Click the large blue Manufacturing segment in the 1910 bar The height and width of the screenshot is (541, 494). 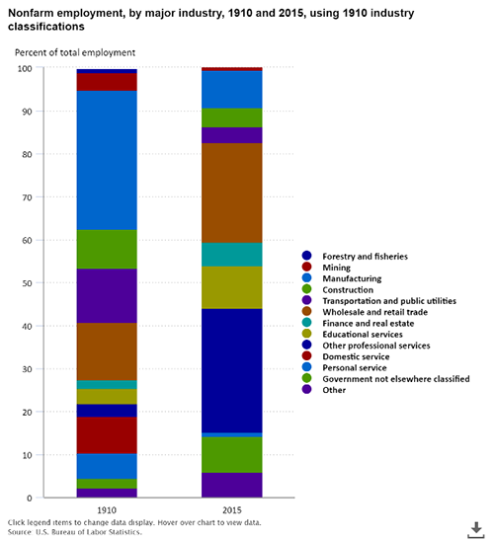point(107,160)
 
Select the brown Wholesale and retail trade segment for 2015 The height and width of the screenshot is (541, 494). point(231,193)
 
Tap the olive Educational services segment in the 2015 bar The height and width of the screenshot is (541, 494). point(231,287)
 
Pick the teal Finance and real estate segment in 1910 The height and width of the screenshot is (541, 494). point(107,385)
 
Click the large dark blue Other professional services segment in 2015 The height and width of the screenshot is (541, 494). point(231,370)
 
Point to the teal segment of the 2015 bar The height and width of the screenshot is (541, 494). point(231,255)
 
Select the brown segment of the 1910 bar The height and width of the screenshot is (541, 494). point(107,351)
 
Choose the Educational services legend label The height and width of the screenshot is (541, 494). point(363,334)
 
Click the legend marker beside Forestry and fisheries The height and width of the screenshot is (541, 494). point(306,256)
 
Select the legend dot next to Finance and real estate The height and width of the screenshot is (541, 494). point(306,323)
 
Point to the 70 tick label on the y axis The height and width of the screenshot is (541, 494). point(27,197)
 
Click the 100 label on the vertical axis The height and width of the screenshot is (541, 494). point(25,68)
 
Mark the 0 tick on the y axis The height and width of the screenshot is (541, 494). point(30,498)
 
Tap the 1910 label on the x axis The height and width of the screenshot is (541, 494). point(107,510)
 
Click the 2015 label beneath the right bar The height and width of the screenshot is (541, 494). point(232,510)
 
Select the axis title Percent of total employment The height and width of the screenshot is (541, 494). point(75,52)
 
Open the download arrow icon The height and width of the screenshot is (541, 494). point(476,530)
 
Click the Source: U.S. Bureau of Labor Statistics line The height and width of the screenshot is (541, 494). point(75,532)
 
